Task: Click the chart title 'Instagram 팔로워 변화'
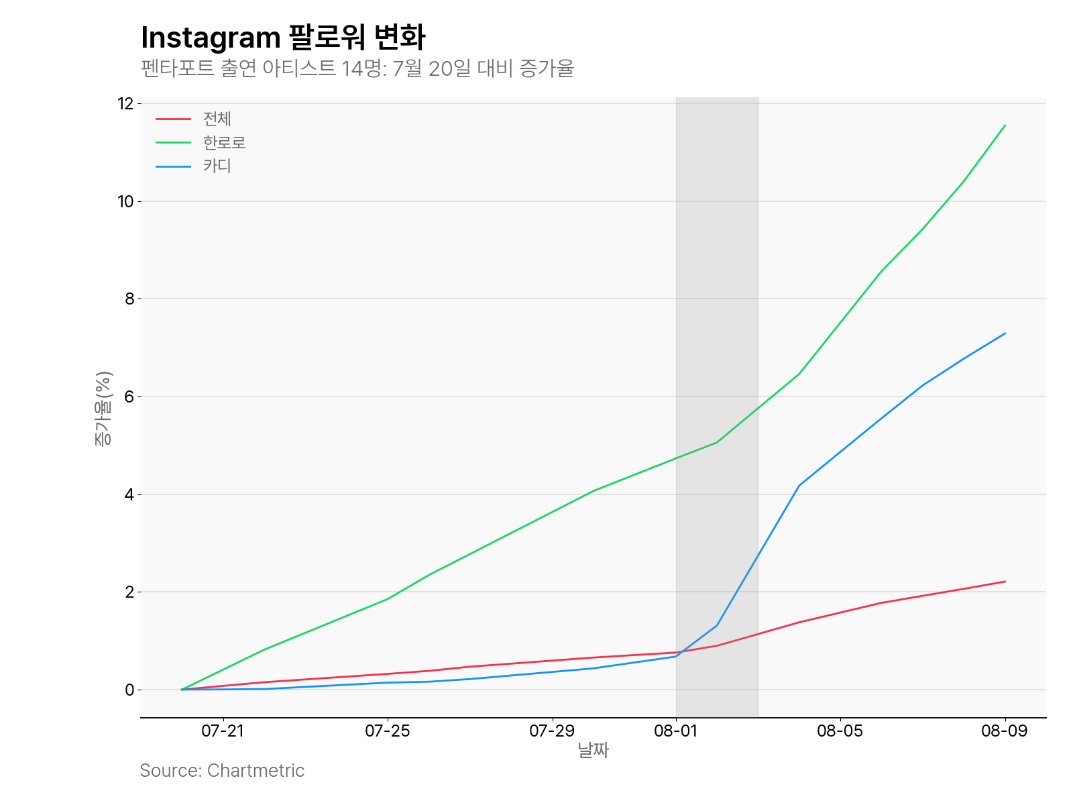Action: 282,38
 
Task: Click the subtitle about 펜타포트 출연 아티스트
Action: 357,68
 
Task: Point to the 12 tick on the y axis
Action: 126,104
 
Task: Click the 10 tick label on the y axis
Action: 126,201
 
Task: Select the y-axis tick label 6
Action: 129,396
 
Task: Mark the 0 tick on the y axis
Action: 129,690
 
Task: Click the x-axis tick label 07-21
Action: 223,731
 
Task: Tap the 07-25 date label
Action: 387,731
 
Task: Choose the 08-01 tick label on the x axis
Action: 676,731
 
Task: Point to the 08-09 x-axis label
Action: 1004,731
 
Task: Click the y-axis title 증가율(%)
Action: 103,409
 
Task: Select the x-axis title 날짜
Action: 593,750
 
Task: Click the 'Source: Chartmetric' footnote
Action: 222,771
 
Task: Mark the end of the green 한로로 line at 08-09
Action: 1005,125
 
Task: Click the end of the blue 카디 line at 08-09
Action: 1005,333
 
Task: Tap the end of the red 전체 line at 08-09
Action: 1005,582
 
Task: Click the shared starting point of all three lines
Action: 182,690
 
